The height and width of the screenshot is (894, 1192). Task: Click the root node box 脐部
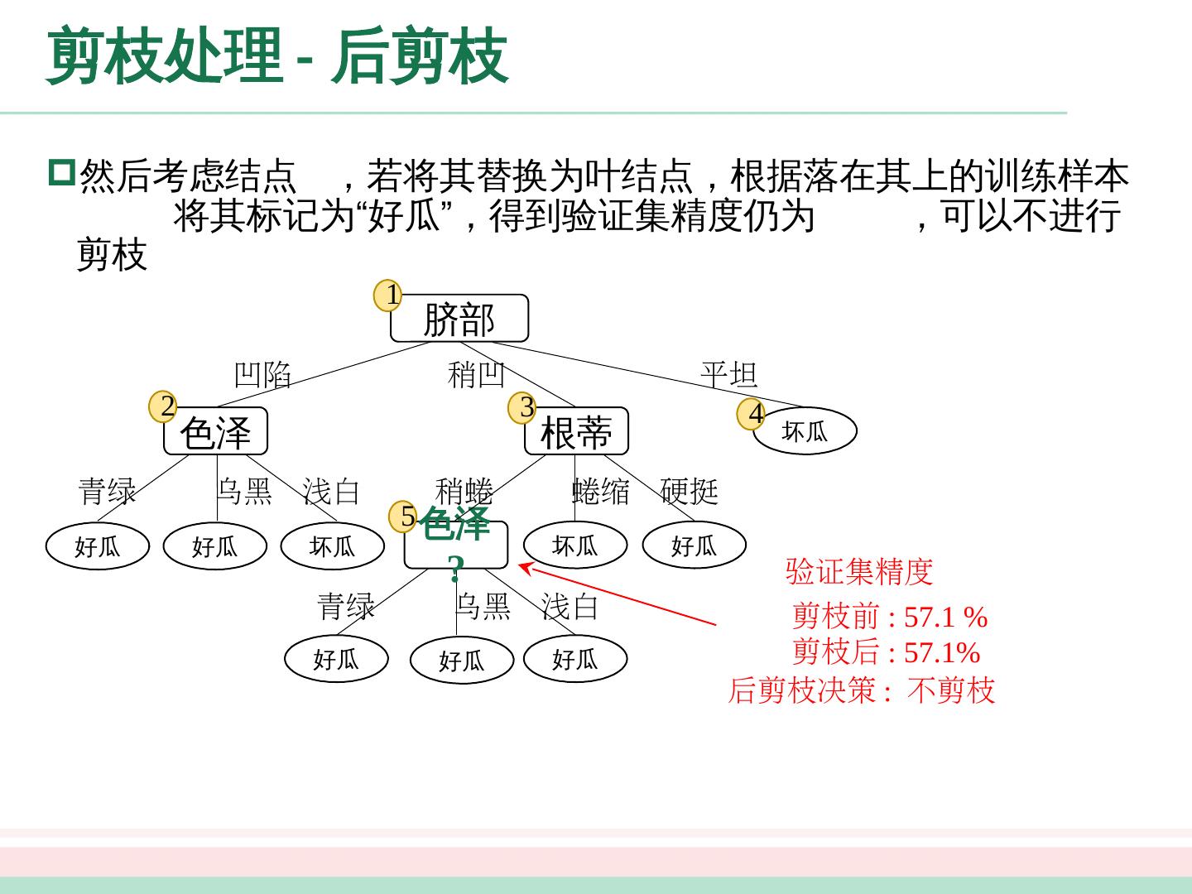tap(459, 319)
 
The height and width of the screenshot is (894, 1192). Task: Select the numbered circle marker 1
tap(389, 295)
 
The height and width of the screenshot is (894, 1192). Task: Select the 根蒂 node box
tap(576, 432)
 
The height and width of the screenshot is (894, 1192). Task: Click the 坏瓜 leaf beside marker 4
tap(805, 431)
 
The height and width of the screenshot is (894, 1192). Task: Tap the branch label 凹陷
tap(263, 375)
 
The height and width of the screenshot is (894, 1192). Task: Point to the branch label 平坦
tap(729, 375)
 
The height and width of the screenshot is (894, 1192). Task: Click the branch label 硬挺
tap(690, 491)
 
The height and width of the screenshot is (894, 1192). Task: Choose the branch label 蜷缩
tap(601, 491)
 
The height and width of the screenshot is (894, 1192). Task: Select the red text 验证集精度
tap(859, 571)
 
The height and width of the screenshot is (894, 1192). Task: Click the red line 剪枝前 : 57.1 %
tap(890, 617)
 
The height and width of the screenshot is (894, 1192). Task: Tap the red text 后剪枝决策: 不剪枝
tap(861, 690)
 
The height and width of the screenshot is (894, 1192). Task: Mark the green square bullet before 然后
tap(61, 172)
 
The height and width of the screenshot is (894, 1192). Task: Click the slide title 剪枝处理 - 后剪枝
tap(277, 56)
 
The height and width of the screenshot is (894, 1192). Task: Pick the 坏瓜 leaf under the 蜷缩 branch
tap(574, 546)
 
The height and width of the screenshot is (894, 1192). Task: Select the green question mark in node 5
tap(455, 569)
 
